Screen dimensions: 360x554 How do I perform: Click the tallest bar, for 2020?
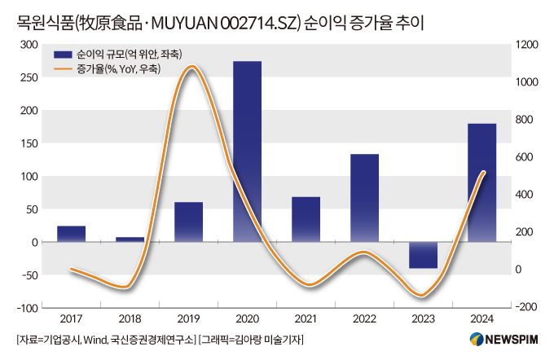coord(247,151)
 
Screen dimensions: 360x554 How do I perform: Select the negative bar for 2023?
coord(423,255)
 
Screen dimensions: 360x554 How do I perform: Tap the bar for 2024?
coord(481,182)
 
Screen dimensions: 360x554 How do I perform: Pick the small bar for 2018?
coord(130,239)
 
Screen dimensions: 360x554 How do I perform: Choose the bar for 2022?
coord(364,198)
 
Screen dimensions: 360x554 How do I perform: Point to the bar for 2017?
coord(71,234)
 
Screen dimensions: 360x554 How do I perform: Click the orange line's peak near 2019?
coord(191,68)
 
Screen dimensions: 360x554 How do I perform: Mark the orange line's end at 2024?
coord(484,172)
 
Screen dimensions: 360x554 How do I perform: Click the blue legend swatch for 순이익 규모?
coord(63,55)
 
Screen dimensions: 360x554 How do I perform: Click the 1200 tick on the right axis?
coord(527,44)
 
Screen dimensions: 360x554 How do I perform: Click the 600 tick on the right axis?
coord(525,157)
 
